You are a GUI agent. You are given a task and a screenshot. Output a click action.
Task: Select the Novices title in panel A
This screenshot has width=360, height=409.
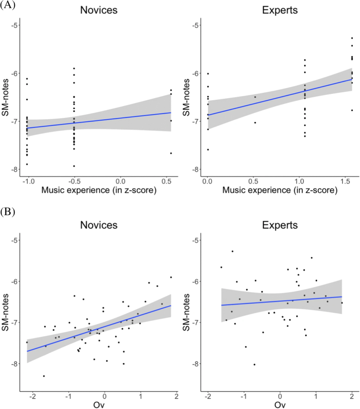99,10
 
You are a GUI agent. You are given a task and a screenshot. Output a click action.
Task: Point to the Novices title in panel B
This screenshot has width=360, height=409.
99,225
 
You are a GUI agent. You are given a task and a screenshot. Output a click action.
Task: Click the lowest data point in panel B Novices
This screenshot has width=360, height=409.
44,376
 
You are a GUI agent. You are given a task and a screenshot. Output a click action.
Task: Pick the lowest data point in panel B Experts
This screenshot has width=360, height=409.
254,364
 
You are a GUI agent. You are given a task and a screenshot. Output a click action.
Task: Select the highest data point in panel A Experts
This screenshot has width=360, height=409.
352,38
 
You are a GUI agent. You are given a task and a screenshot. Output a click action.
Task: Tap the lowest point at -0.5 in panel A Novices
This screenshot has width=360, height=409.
74,166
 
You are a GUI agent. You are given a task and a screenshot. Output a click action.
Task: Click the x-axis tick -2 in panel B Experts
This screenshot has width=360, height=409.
208,397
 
